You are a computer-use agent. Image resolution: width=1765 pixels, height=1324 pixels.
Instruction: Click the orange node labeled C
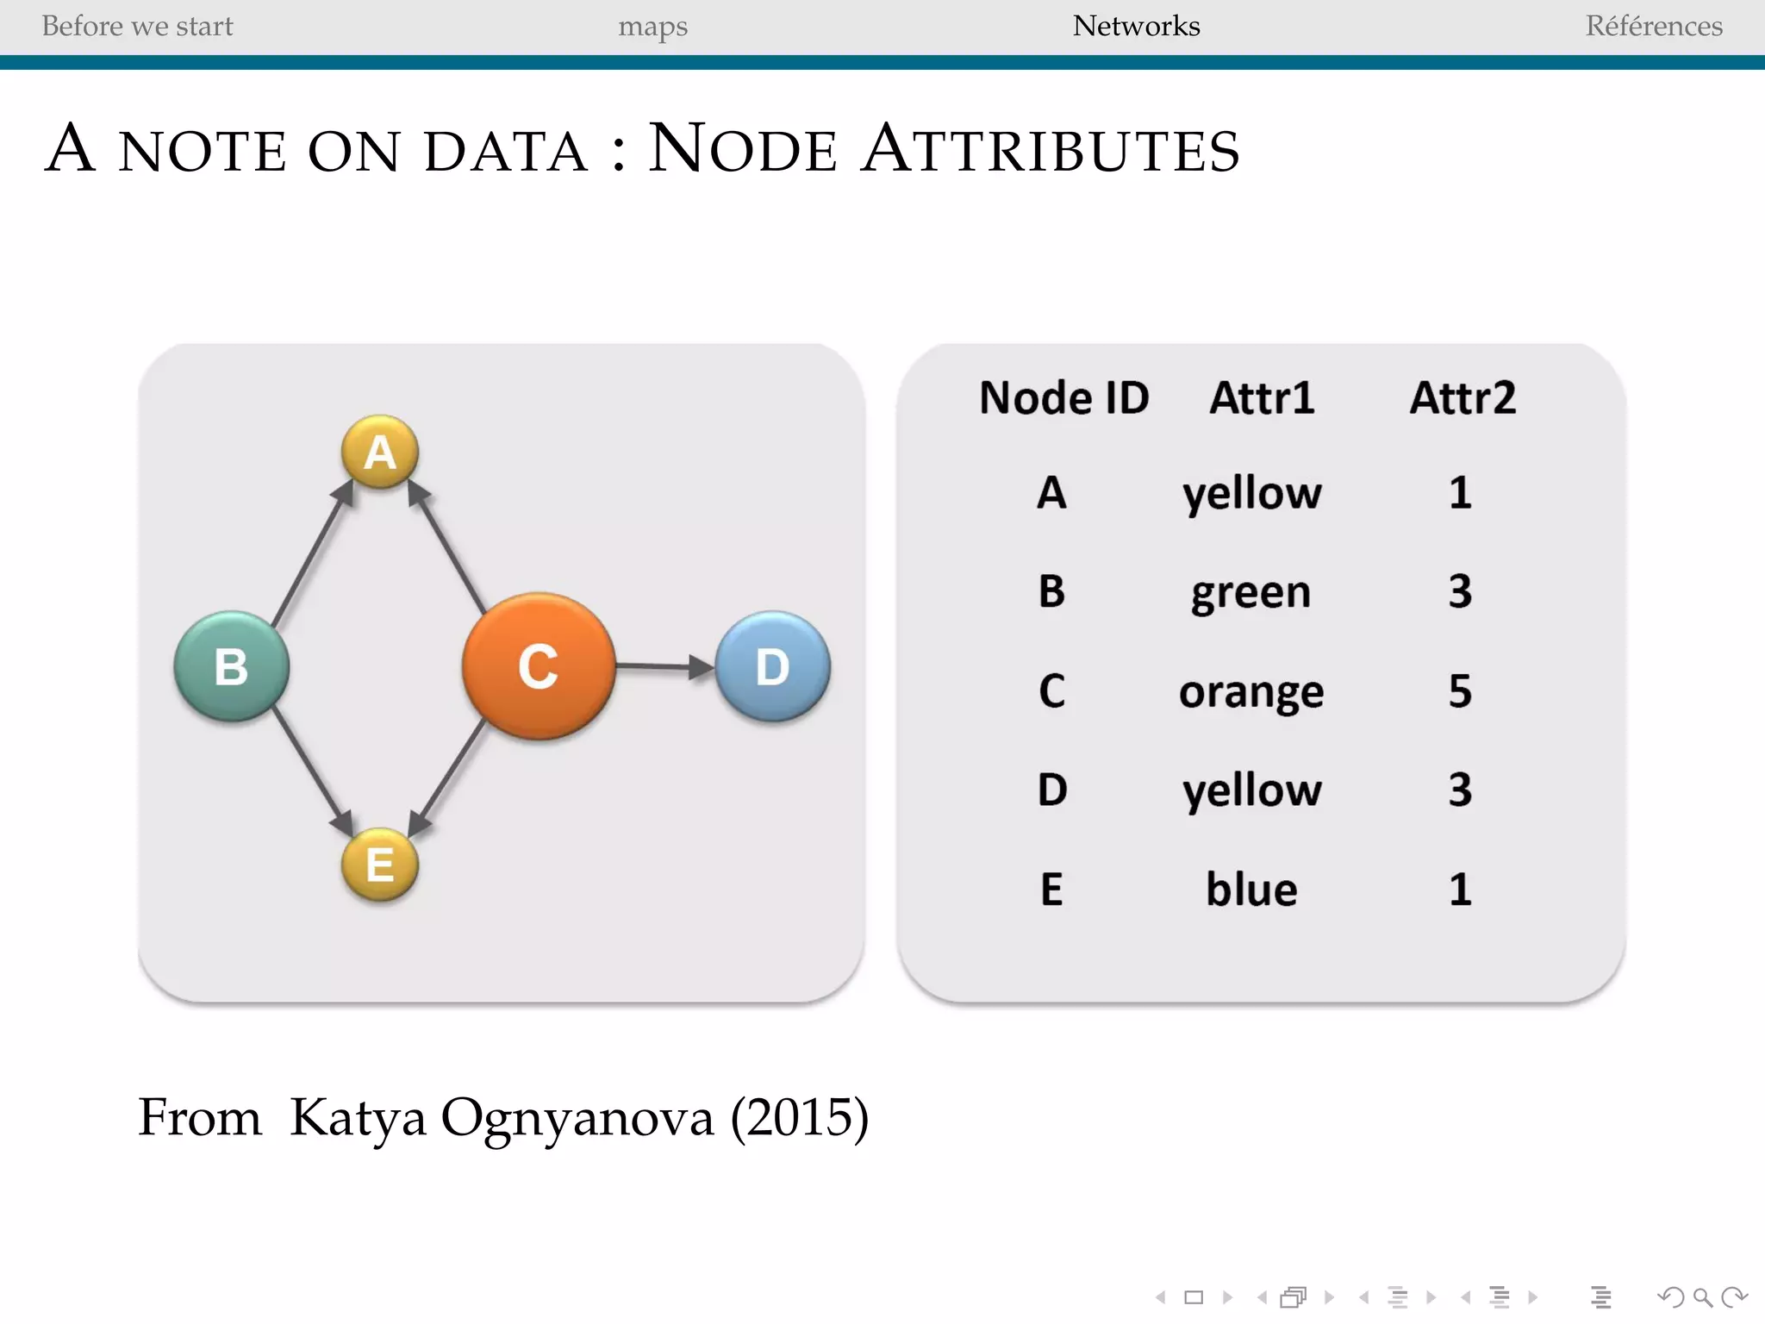[x=539, y=666]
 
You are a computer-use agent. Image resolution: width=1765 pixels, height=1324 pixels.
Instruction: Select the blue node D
[x=772, y=666]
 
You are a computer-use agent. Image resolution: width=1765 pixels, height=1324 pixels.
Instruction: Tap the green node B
[x=231, y=666]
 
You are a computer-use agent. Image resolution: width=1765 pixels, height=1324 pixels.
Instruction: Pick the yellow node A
[x=380, y=452]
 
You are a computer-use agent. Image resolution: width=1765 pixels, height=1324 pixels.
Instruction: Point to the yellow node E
[x=380, y=865]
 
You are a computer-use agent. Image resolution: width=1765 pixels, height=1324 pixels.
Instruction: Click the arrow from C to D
[x=664, y=666]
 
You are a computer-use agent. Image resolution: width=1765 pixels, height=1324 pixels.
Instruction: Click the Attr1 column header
[x=1262, y=398]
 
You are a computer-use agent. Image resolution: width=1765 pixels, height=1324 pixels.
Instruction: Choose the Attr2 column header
[x=1463, y=398]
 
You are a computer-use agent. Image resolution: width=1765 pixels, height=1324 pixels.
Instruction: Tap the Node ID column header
[x=1064, y=398]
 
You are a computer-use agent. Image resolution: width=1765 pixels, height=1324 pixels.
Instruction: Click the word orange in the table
[x=1251, y=692]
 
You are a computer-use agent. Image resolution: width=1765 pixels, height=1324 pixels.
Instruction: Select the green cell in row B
[x=1251, y=593]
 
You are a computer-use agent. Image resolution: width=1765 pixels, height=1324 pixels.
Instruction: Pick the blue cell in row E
[x=1251, y=890]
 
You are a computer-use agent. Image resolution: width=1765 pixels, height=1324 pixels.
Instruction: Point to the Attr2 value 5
[x=1460, y=691]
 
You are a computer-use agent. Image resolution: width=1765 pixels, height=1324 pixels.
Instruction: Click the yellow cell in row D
[x=1251, y=790]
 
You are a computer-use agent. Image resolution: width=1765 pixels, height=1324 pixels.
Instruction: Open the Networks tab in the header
[x=1136, y=26]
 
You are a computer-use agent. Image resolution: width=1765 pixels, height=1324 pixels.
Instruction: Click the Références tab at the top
[x=1654, y=26]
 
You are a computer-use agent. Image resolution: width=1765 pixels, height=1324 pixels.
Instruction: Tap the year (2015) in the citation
[x=800, y=1118]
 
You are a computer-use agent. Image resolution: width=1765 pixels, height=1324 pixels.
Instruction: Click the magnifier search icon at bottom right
[x=1702, y=1297]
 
